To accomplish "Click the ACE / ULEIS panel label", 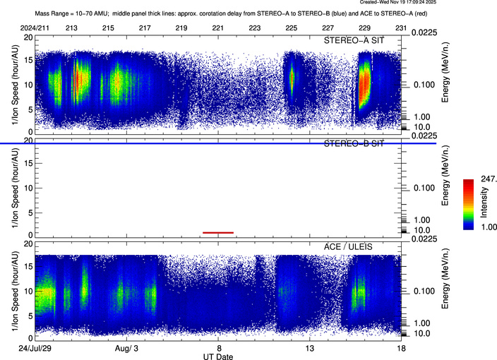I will (360, 244).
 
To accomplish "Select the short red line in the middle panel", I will (217, 232).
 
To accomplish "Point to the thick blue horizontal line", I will (212, 143).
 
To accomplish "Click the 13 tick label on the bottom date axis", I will (309, 349).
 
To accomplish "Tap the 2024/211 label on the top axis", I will (35, 28).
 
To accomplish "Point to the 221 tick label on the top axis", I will (218, 28).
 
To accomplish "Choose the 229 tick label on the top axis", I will (364, 28).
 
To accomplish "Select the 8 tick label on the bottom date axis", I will (218, 349).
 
